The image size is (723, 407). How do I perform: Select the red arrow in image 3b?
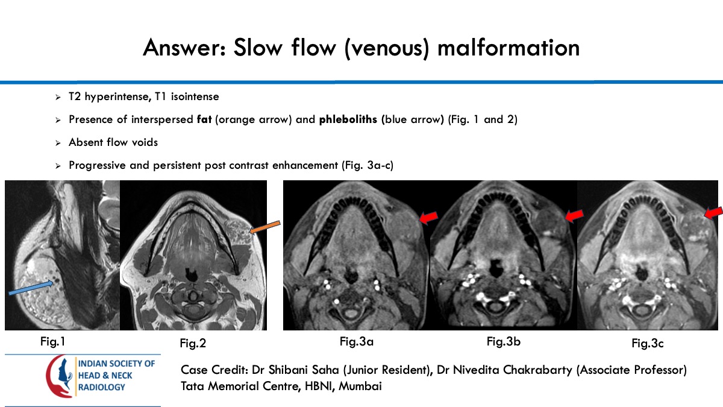click(574, 215)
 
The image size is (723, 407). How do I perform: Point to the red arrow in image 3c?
click(713, 212)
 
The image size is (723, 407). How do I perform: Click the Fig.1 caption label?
click(52, 342)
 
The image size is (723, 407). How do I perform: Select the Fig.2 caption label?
click(193, 344)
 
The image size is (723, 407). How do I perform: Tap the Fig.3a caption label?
click(357, 342)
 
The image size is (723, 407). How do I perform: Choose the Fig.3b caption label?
click(504, 342)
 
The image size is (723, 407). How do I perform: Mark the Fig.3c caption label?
click(648, 344)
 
